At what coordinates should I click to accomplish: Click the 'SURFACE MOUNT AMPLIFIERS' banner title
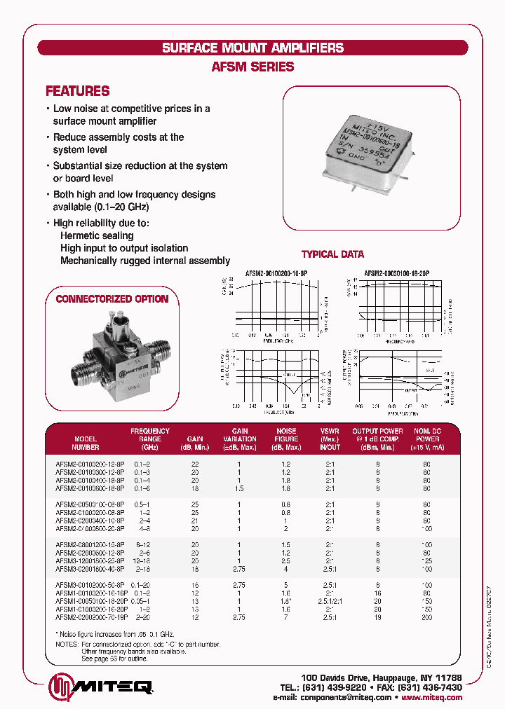(x=252, y=48)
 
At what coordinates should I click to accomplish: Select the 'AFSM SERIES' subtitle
(x=252, y=67)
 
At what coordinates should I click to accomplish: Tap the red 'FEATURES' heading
(x=77, y=91)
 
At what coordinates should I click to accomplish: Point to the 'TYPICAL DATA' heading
(x=332, y=254)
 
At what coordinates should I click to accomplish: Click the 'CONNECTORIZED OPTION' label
(x=112, y=299)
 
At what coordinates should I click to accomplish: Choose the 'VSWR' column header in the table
(x=330, y=439)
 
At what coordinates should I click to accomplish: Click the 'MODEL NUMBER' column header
(x=86, y=443)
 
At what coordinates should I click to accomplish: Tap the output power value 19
(x=377, y=617)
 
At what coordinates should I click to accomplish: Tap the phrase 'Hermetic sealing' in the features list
(x=97, y=236)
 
